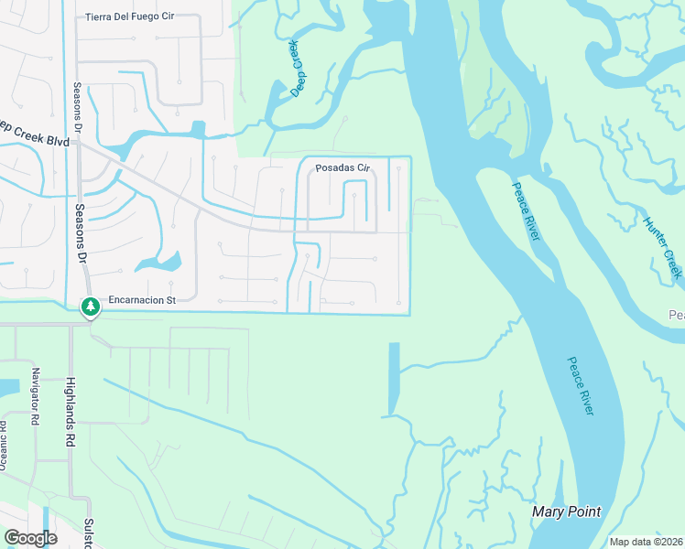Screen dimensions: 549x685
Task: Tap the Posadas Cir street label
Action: (342, 168)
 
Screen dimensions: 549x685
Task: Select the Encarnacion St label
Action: (141, 298)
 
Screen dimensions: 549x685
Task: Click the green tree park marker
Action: (90, 307)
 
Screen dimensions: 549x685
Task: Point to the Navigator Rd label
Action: (36, 394)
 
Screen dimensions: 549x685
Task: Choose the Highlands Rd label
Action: (70, 412)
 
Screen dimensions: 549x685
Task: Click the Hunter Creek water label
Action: (662, 247)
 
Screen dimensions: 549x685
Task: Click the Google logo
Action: (29, 537)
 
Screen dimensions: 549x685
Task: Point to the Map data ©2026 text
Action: (646, 542)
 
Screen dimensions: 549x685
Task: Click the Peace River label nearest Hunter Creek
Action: (525, 211)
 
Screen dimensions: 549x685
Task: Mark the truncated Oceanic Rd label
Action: (4, 448)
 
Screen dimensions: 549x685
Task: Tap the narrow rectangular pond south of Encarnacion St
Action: (394, 378)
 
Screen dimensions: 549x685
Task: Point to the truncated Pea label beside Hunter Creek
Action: (676, 316)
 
